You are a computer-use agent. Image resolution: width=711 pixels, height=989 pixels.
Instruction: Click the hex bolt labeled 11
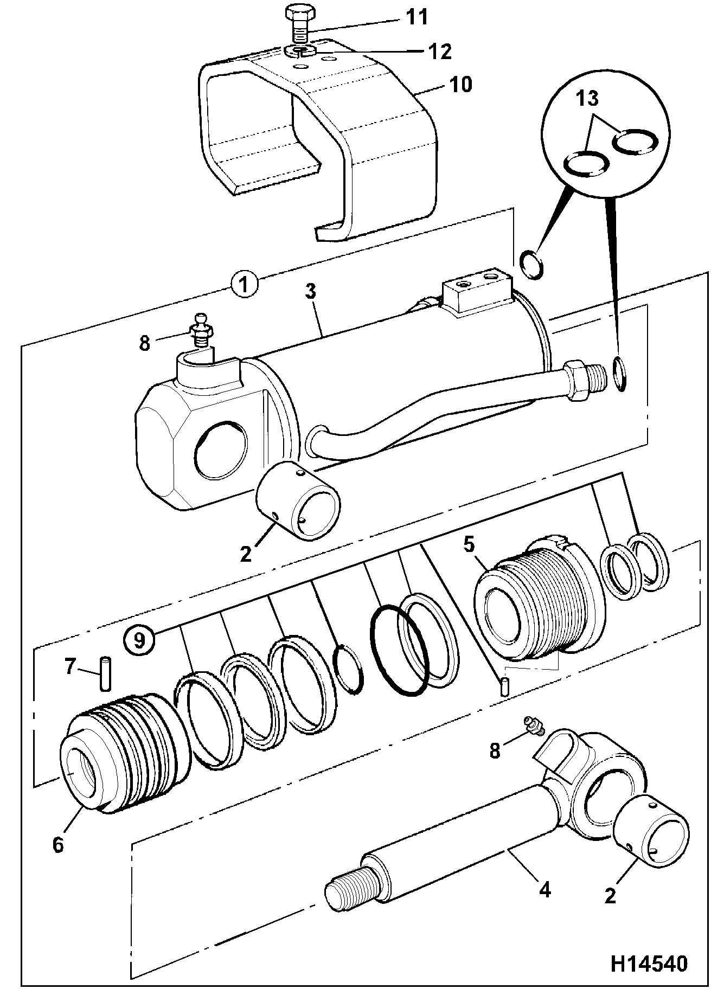pos(297,25)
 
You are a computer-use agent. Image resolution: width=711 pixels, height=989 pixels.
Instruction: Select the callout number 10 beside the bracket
pos(460,85)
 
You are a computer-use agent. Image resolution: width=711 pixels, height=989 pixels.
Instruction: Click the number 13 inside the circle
pos(588,99)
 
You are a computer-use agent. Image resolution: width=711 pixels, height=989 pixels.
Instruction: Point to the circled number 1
pos(244,285)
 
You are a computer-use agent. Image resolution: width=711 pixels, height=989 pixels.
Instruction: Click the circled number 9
pos(139,640)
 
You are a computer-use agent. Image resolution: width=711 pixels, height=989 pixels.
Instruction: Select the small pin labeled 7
pos(105,673)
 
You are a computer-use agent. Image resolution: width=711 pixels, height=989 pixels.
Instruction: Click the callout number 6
pos(58,844)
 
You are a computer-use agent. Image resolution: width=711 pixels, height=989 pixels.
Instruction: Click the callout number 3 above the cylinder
pos(310,292)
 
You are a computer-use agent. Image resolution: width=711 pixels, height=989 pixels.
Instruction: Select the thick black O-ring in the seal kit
pos(399,651)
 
